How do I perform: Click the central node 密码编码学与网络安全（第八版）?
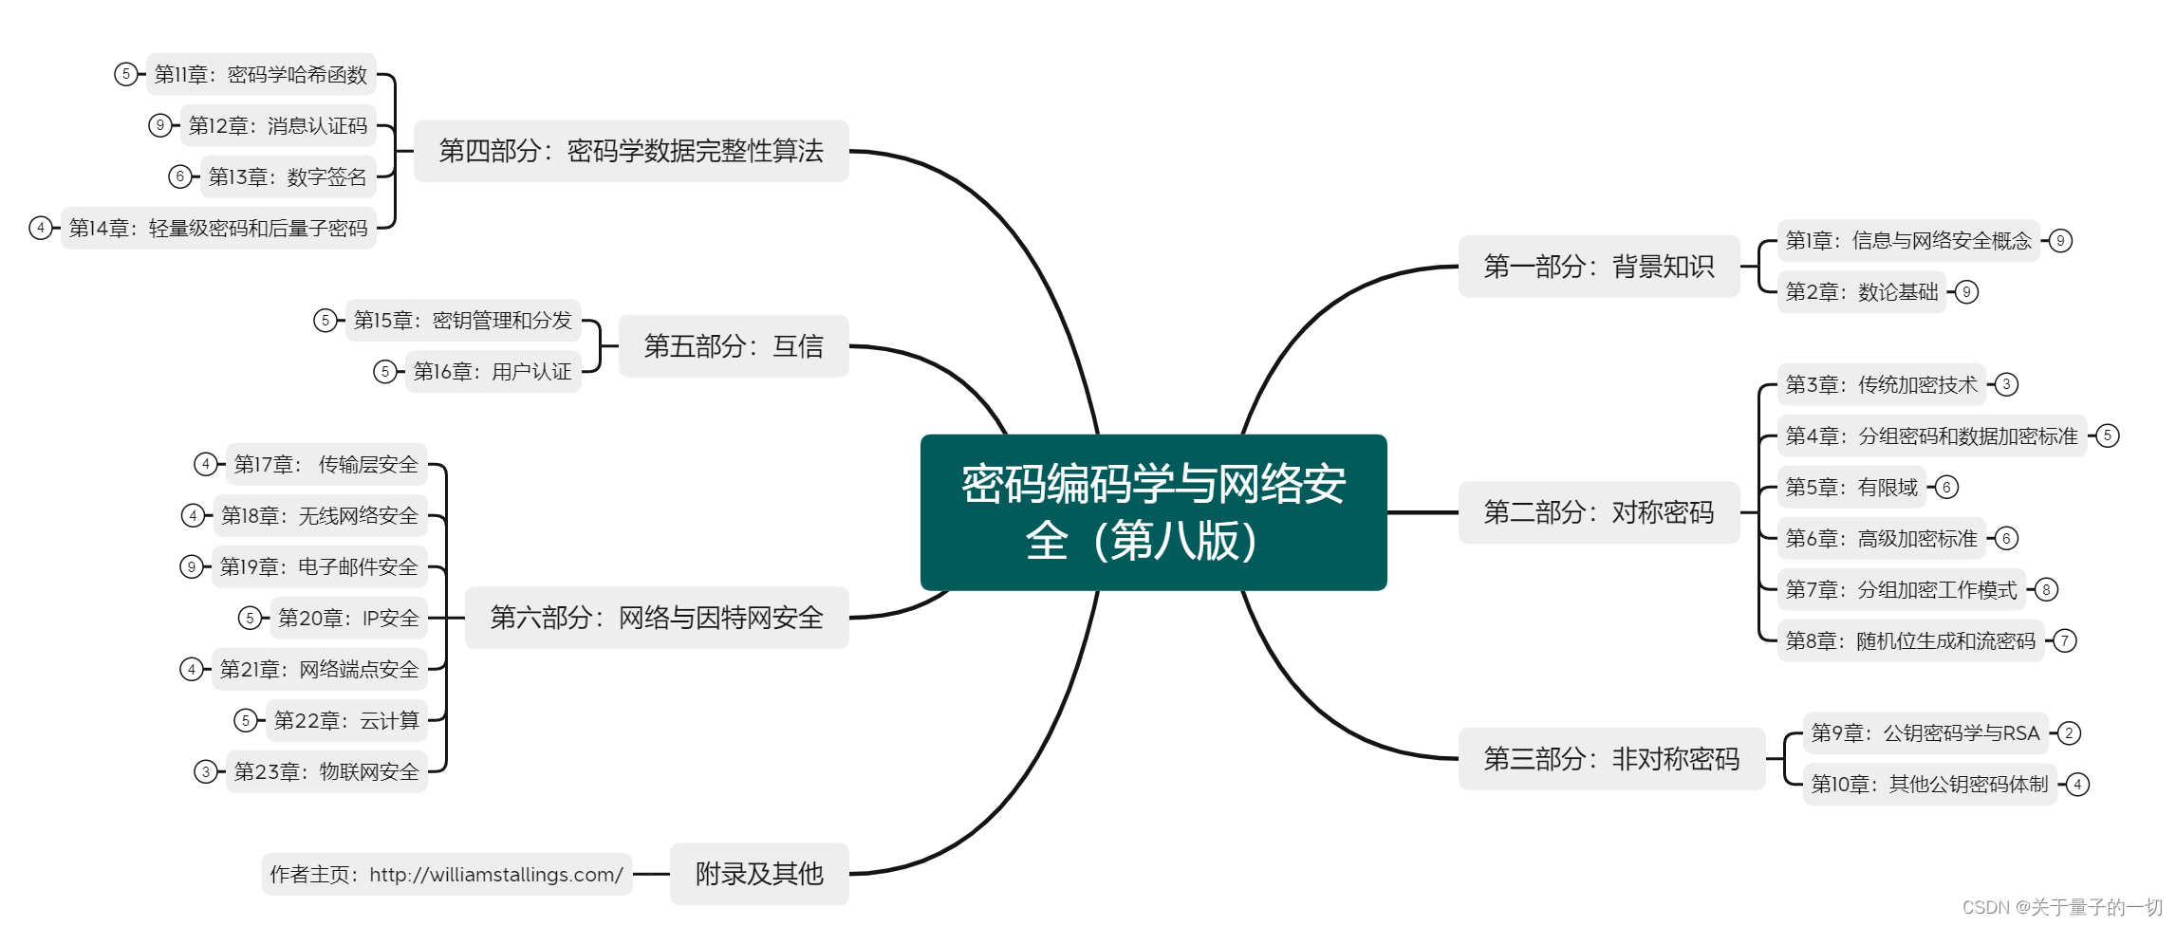click(1153, 512)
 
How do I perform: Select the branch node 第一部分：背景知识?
click(1598, 267)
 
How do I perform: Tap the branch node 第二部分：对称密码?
click(1598, 512)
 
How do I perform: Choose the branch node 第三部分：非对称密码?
click(1610, 759)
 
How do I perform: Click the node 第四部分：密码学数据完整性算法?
click(631, 151)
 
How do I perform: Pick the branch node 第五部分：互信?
click(734, 346)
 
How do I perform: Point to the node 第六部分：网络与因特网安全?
click(657, 618)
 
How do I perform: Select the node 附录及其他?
click(759, 874)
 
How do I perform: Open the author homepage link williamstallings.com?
click(495, 875)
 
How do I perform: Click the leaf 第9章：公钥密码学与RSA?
click(1925, 733)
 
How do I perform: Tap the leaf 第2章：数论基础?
click(1861, 292)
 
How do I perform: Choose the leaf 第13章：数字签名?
click(288, 177)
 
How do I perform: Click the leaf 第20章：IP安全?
click(348, 619)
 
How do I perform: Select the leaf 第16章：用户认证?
click(493, 372)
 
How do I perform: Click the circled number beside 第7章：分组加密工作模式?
click(2046, 590)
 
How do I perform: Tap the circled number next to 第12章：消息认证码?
click(160, 125)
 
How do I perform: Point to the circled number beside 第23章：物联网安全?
click(205, 772)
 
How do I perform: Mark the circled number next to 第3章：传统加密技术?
click(2006, 385)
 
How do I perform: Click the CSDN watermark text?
click(2061, 907)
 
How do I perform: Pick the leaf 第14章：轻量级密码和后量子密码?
click(218, 229)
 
